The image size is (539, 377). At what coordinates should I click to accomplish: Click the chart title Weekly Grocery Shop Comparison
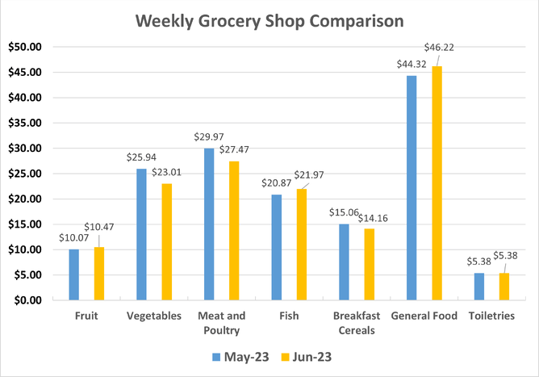tap(269, 19)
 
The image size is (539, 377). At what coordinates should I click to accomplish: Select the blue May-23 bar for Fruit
tap(74, 274)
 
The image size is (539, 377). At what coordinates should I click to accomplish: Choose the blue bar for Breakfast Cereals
tap(344, 262)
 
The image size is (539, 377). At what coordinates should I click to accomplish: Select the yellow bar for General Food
tap(437, 183)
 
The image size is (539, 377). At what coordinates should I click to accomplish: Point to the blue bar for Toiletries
tap(478, 287)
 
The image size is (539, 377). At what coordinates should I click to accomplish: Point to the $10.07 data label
tap(74, 238)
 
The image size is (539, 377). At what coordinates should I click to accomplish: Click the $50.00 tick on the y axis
tap(23, 47)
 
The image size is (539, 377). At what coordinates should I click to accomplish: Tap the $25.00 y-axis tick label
tap(23, 174)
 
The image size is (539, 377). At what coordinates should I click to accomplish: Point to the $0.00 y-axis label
tap(26, 300)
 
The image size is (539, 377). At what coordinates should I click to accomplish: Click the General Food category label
tap(424, 316)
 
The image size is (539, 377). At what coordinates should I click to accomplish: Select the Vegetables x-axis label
tap(153, 316)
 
